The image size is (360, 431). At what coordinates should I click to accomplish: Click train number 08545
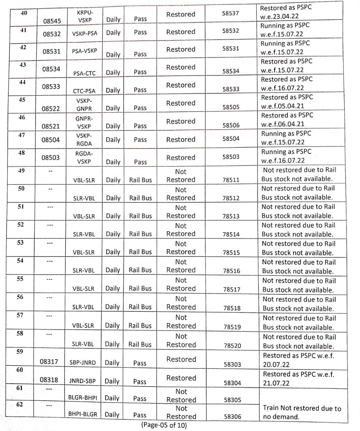point(52,21)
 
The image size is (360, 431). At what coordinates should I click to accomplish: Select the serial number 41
point(23,30)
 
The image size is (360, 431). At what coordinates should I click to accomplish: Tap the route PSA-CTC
point(84,73)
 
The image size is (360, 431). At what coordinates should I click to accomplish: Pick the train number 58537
point(230,13)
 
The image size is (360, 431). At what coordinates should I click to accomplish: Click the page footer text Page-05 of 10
point(164,425)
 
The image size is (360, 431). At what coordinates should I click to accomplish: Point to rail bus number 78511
point(231,180)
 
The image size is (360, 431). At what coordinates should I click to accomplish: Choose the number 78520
point(232,345)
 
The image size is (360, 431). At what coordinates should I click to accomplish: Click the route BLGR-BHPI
point(83,397)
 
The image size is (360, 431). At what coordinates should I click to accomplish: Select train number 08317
point(49,362)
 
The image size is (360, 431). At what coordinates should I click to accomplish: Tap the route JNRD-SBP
point(82,381)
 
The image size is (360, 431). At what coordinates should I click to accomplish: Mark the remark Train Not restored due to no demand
point(302,412)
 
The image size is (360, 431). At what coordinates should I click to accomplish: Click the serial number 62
point(20,404)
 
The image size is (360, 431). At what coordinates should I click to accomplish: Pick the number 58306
point(233,417)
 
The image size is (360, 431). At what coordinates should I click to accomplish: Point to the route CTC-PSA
point(84,91)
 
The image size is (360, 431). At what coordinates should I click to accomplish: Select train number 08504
point(51,140)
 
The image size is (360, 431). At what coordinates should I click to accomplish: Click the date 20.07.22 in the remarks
point(276,365)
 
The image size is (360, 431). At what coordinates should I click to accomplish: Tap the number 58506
point(231,125)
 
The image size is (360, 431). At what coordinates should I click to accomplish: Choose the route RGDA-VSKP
point(84,158)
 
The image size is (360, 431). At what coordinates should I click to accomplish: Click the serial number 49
point(21,171)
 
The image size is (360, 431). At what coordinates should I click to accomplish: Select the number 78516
point(232,271)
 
